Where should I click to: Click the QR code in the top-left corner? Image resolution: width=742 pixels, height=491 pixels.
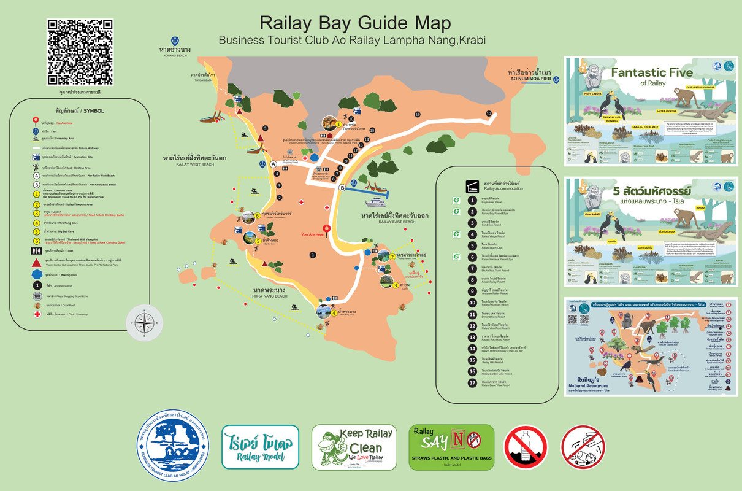coord(80,52)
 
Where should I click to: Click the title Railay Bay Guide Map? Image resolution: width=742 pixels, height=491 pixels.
coord(355,23)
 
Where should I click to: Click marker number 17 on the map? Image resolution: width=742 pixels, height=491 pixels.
coord(489,114)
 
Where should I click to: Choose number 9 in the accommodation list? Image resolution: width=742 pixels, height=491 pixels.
coord(472,291)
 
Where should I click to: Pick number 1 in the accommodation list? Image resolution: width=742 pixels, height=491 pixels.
coord(472,200)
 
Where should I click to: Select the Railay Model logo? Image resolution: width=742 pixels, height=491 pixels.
coord(260,447)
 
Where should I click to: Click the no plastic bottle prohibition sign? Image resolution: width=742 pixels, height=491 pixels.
coord(526,447)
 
